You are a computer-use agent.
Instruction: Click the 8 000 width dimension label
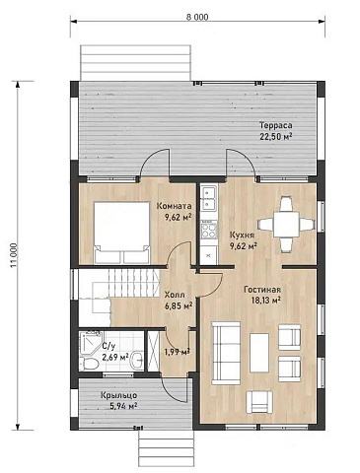pyautogui.click(x=197, y=17)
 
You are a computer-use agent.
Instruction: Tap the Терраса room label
pyautogui.click(x=276, y=125)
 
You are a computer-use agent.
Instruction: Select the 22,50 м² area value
pyautogui.click(x=276, y=136)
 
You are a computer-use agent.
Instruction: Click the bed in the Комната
pyautogui.click(x=121, y=233)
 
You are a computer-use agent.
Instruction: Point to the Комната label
pyautogui.click(x=174, y=206)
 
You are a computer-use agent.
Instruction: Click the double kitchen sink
pyautogui.click(x=209, y=198)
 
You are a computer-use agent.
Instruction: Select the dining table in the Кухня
pyautogui.click(x=286, y=225)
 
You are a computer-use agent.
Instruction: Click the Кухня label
pyautogui.click(x=242, y=236)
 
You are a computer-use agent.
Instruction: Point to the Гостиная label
pyautogui.click(x=262, y=290)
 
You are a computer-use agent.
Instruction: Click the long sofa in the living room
pyautogui.click(x=226, y=353)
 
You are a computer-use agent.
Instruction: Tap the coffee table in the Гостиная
pyautogui.click(x=259, y=353)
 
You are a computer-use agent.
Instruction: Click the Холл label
pyautogui.click(x=175, y=295)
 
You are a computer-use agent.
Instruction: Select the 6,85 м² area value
pyautogui.click(x=179, y=306)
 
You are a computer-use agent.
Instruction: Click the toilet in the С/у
pyautogui.click(x=90, y=364)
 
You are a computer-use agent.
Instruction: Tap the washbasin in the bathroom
pyautogui.click(x=137, y=361)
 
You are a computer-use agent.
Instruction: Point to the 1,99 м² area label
pyautogui.click(x=178, y=352)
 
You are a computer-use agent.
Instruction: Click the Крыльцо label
pyautogui.click(x=119, y=395)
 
